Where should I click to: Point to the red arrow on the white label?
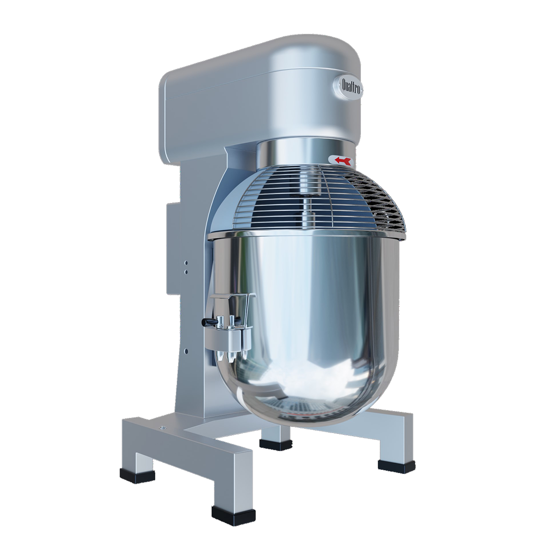[342, 160]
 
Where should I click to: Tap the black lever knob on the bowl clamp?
[205, 322]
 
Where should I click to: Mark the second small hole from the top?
[186, 271]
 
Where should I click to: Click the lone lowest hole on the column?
[186, 350]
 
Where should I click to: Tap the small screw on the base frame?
[162, 427]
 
